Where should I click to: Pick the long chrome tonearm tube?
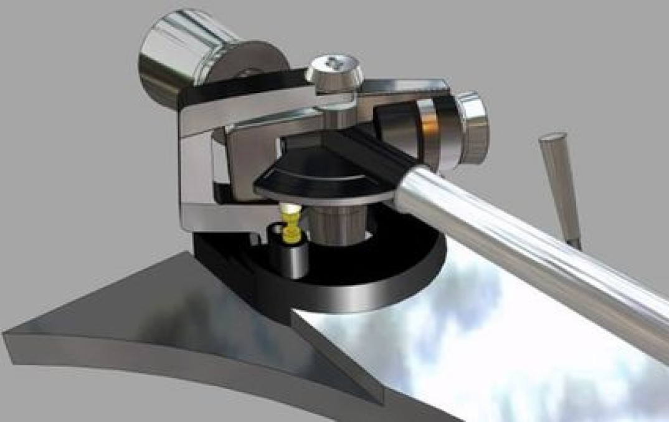(529, 243)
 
